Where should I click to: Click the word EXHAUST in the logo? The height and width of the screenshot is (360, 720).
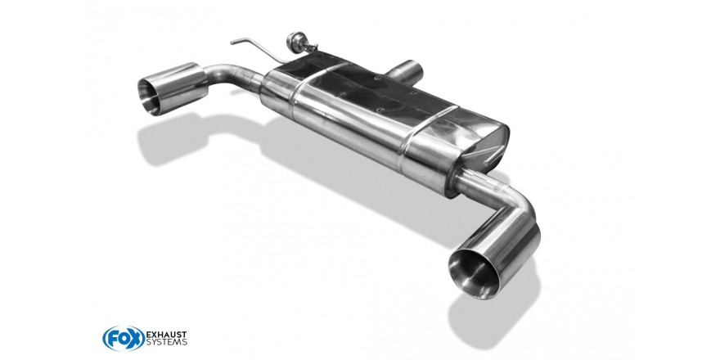(166, 334)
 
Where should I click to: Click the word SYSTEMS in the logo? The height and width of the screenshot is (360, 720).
(166, 342)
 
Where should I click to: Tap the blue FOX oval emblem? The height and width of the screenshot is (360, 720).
(124, 339)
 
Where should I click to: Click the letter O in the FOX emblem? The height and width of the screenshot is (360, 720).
(124, 339)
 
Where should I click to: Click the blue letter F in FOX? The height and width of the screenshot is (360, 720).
(111, 339)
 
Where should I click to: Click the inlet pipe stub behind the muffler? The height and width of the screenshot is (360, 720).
(406, 72)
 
